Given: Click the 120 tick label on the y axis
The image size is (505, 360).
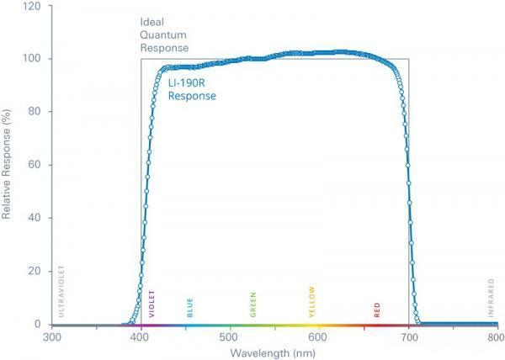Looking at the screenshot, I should (x=34, y=6).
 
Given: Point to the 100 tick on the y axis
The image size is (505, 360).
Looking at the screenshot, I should (x=34, y=59).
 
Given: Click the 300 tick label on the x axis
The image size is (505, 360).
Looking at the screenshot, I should (x=52, y=336).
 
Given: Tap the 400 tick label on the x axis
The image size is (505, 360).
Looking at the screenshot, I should (x=141, y=336).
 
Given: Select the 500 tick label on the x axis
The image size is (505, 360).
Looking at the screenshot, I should (x=229, y=336).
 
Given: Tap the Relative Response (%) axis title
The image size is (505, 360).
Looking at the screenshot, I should (x=8, y=165).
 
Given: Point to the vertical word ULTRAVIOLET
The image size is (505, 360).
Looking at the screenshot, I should (x=61, y=294).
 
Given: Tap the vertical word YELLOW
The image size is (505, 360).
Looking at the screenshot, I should (x=312, y=302).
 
